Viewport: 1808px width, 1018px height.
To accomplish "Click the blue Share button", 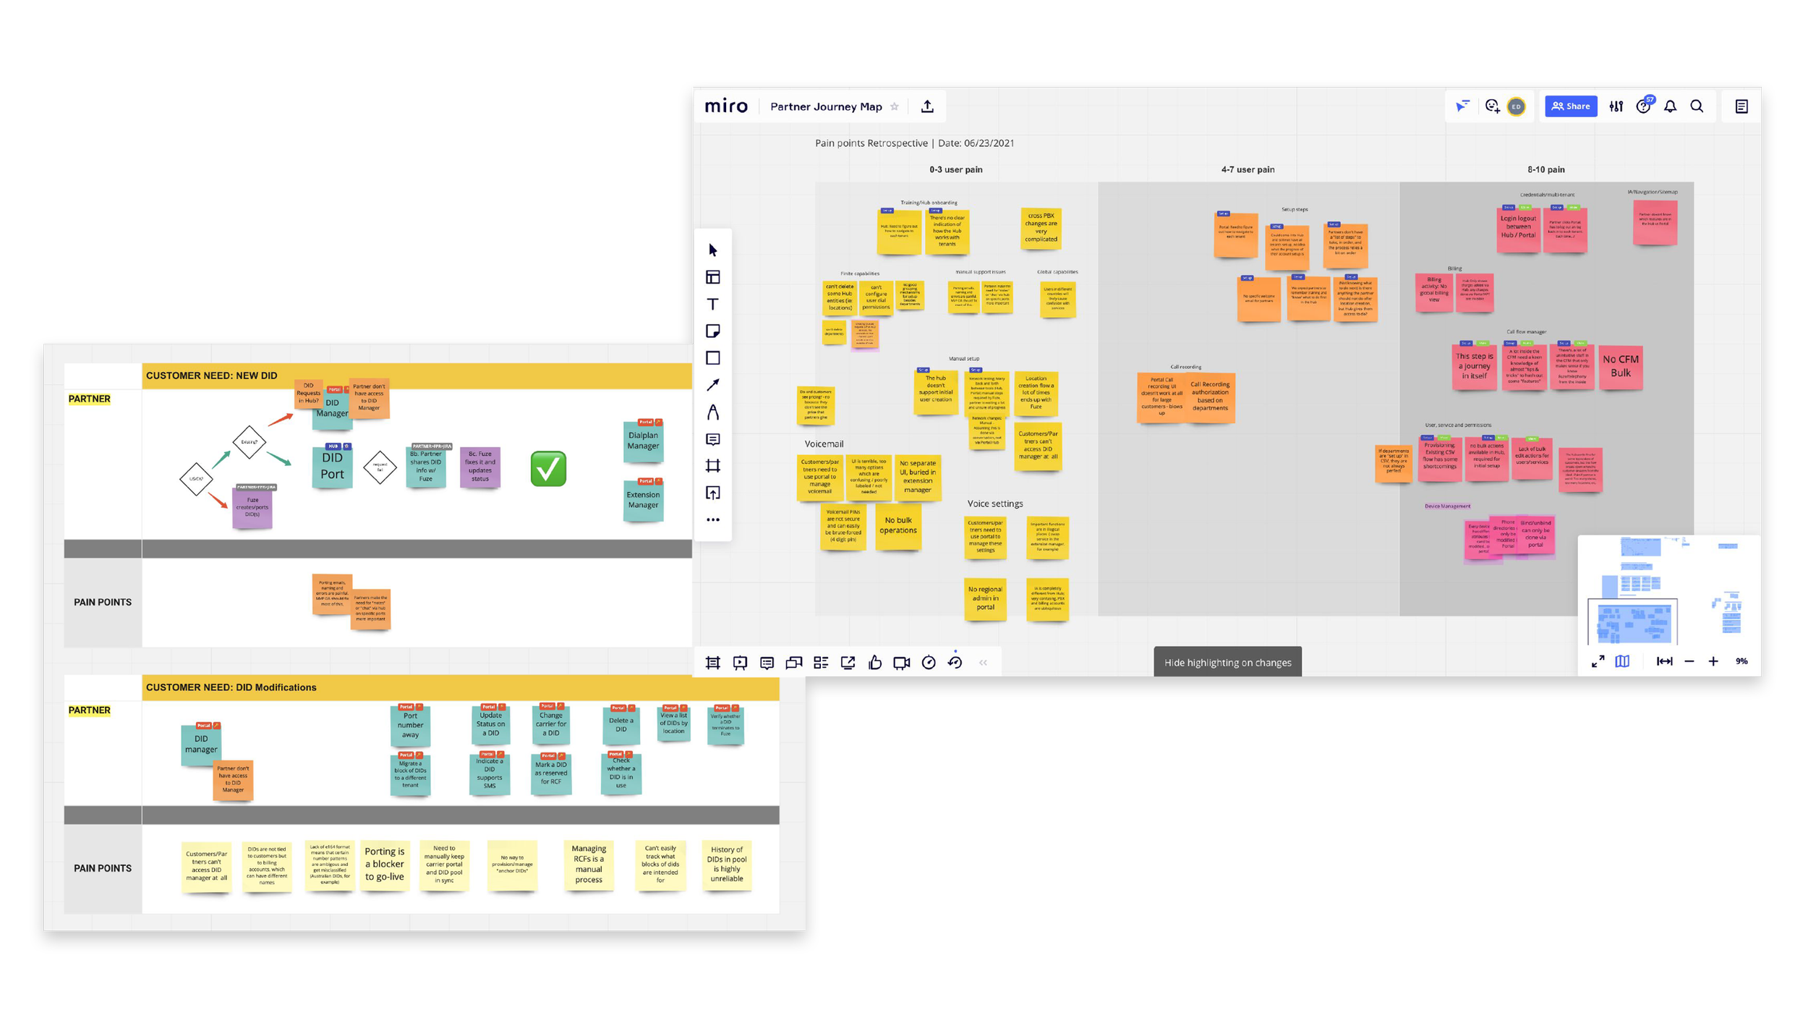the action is click(1571, 106).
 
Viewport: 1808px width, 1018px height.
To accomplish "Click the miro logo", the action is click(726, 106).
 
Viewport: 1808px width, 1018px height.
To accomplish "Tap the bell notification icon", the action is click(1670, 106).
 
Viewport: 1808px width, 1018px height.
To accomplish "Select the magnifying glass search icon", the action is click(1697, 106).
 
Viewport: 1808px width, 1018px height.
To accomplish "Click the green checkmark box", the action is click(548, 469).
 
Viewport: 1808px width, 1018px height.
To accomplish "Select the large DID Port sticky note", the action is click(332, 466).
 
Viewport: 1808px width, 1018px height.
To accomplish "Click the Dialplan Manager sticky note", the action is click(643, 441).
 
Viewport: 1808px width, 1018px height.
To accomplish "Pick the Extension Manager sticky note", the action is click(643, 500).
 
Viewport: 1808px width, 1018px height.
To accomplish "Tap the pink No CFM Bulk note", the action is click(1621, 366).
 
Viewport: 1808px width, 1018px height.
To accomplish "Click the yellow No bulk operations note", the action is click(898, 526).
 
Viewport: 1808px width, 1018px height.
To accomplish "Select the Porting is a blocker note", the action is click(385, 865).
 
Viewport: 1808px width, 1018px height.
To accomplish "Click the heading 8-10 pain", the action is click(1546, 169).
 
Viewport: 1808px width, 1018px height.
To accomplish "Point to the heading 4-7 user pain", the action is click(1248, 169).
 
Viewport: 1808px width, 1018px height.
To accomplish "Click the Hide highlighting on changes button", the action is click(1227, 662).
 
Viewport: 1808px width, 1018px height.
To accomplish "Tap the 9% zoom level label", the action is click(1741, 661).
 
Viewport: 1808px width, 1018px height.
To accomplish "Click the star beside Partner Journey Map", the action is click(895, 106).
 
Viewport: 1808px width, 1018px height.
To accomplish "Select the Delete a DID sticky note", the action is click(621, 725).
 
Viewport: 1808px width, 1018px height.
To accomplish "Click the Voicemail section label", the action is click(824, 444).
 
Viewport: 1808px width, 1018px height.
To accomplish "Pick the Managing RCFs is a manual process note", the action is click(589, 865).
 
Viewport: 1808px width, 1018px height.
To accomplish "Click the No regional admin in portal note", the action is click(985, 598).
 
